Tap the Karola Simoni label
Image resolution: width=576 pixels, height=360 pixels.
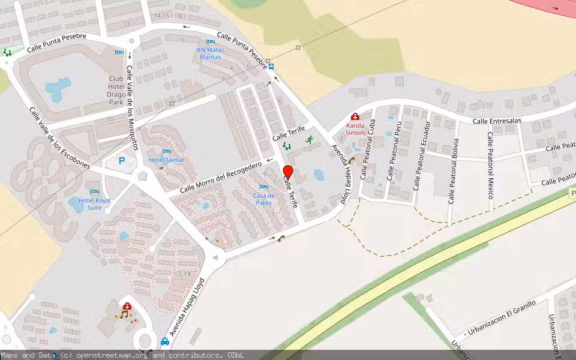point(355,128)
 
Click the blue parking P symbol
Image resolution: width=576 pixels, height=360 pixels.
point(122,161)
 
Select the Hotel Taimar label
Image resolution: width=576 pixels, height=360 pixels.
point(167,160)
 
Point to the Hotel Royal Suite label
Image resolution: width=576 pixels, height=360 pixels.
point(95,204)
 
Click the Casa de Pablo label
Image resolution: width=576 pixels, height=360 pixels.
point(263,199)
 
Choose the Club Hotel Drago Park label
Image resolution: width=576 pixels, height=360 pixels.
point(116,91)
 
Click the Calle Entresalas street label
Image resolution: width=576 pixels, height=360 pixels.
point(497,121)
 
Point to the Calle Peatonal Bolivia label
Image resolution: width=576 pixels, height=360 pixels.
point(453,171)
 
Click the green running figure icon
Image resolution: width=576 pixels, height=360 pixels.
point(310,140)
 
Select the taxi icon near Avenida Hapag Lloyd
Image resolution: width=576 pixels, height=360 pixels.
point(165,342)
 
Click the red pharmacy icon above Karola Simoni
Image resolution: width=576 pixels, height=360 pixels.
point(355,116)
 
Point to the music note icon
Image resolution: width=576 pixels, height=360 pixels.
point(125,314)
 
